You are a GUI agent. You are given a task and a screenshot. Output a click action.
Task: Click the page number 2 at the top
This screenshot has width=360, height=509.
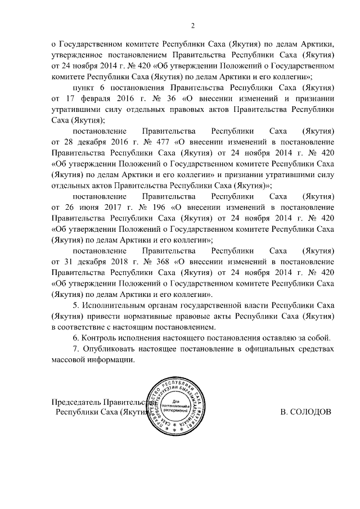click(192, 26)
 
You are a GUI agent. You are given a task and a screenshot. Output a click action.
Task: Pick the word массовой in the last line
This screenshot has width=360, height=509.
click(70, 361)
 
